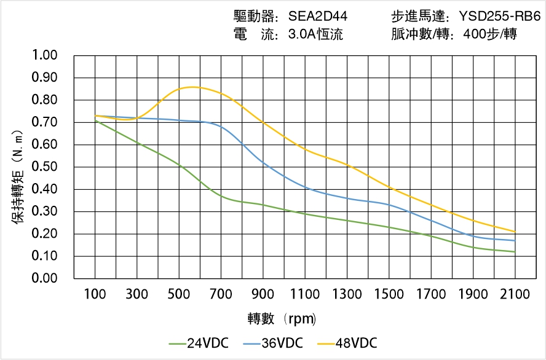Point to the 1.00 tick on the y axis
tap(44, 56)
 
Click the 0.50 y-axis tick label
tap(44, 167)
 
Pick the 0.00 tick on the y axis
tap(44, 278)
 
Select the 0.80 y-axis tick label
tap(44, 100)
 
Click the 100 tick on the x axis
tap(95, 295)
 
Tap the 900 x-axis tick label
tap(263, 295)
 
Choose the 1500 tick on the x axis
tap(389, 295)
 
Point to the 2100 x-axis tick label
tap(515, 295)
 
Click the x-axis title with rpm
tap(282, 319)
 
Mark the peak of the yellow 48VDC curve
tap(192, 87)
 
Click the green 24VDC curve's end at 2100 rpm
tap(515, 252)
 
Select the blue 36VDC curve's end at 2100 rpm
tap(515, 240)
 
